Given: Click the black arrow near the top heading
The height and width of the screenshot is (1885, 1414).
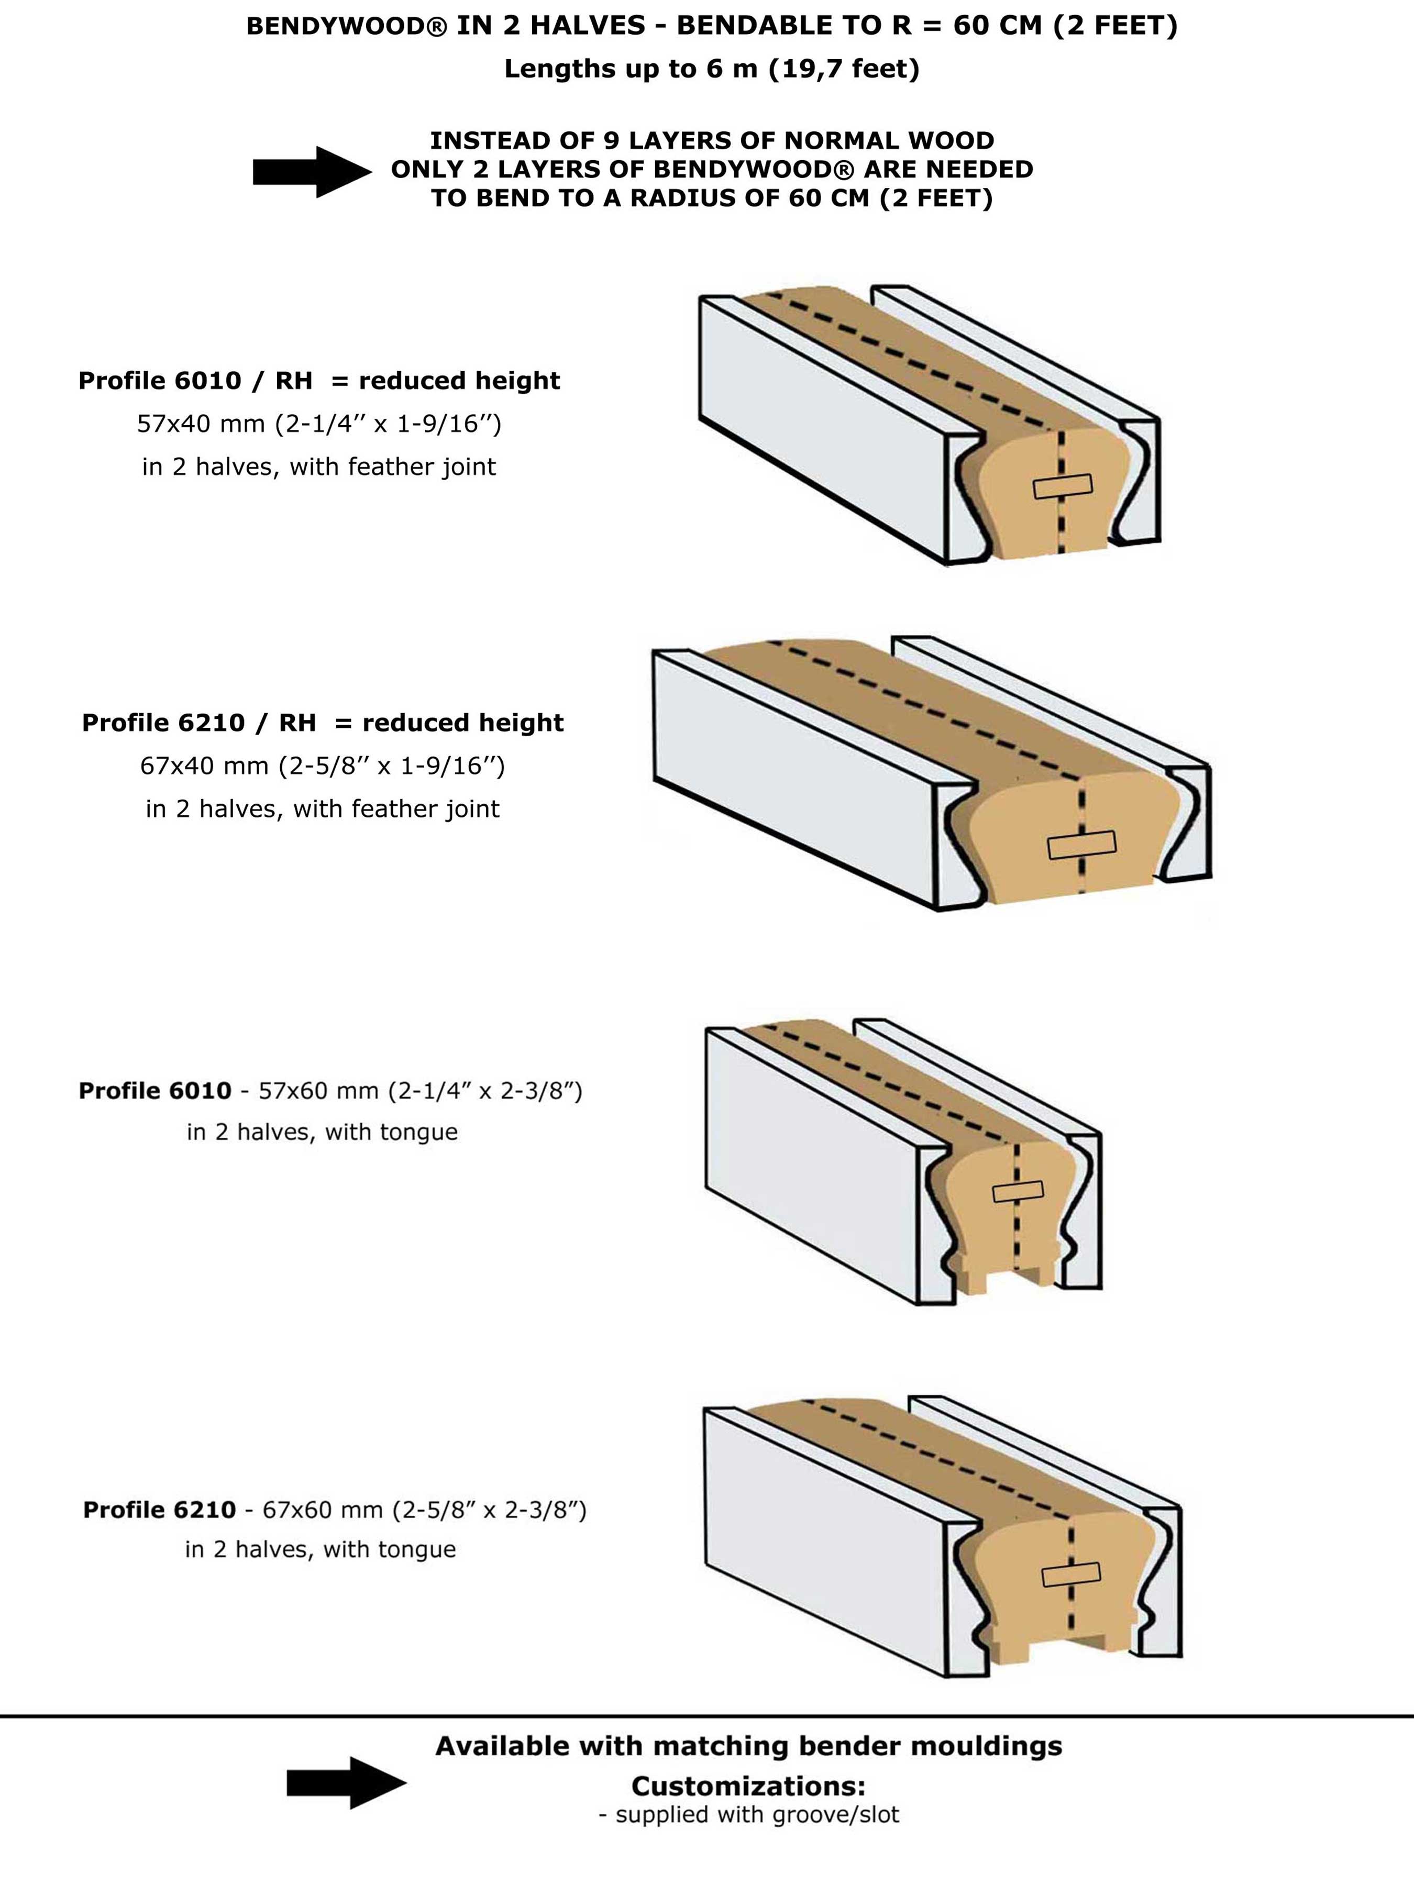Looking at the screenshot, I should click(312, 172).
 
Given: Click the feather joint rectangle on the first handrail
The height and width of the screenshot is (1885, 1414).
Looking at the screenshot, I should click(1062, 486).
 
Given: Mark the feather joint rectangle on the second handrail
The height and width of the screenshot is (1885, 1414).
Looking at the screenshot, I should click(1081, 845).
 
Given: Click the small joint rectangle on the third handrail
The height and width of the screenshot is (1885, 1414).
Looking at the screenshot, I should click(1018, 1191).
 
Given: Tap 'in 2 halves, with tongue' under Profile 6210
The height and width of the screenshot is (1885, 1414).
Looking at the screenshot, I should click(321, 1549).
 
